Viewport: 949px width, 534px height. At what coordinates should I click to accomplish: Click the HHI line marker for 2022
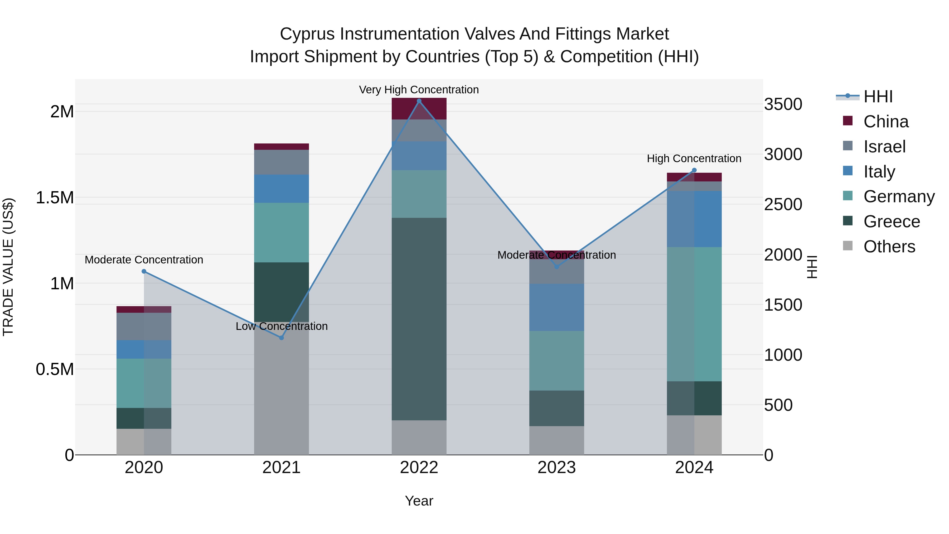click(419, 101)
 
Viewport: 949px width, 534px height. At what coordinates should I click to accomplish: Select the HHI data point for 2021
click(282, 338)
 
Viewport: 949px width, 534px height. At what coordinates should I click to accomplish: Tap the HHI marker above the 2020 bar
click(144, 271)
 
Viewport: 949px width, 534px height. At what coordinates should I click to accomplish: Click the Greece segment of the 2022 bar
click(419, 319)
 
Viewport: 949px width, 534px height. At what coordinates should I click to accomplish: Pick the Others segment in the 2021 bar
click(282, 389)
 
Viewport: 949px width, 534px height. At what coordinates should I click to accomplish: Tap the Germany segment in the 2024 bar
click(694, 314)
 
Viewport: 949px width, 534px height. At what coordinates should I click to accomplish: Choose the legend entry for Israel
click(884, 147)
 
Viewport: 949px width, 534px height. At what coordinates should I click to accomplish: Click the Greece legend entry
click(891, 222)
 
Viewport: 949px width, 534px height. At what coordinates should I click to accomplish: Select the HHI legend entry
click(878, 97)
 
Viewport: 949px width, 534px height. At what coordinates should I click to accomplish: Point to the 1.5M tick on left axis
click(55, 198)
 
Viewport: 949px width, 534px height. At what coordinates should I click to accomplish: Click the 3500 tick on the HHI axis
click(783, 104)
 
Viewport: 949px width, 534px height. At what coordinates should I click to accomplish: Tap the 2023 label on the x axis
click(556, 468)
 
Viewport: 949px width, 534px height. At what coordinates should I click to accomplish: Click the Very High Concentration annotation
click(419, 90)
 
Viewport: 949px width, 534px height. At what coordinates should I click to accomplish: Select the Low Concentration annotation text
click(282, 326)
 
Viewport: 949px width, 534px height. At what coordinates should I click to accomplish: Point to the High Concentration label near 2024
click(694, 158)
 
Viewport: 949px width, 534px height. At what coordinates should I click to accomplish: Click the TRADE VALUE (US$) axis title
click(8, 267)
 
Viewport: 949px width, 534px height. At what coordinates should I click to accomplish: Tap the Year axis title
click(419, 501)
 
